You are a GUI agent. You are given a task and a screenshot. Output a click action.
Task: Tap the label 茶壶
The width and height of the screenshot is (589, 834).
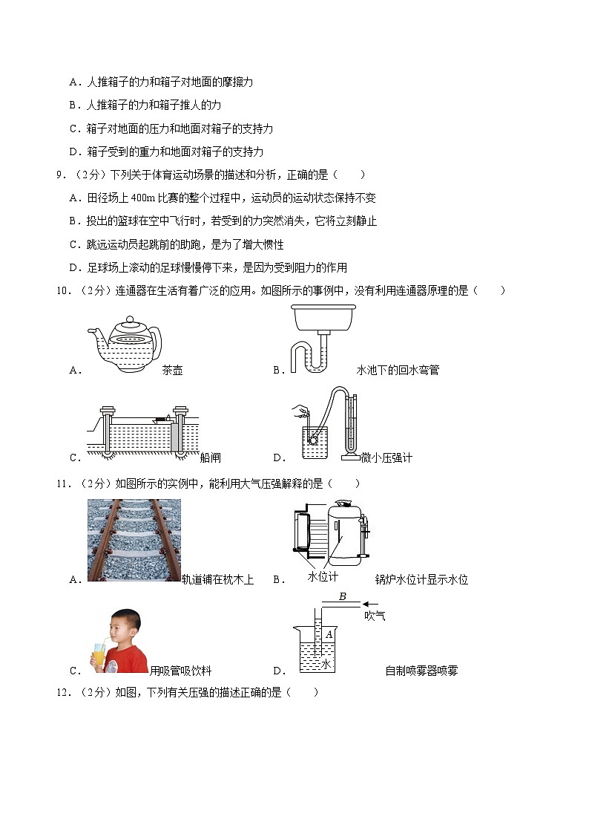[172, 370]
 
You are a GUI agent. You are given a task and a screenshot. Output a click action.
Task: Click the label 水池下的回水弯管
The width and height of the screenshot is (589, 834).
[398, 370]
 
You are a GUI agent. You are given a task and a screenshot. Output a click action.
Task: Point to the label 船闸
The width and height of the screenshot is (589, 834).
[211, 457]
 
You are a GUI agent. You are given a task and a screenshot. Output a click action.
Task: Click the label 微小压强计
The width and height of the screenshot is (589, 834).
[386, 457]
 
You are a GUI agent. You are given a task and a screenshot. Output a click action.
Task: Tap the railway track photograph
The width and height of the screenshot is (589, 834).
[134, 540]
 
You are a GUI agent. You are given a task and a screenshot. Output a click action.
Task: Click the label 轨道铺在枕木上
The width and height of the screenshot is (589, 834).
[217, 580]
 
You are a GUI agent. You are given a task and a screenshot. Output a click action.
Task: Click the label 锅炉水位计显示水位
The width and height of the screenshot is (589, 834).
[422, 580]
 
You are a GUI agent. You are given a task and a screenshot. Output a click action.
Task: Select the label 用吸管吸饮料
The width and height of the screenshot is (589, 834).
[180, 671]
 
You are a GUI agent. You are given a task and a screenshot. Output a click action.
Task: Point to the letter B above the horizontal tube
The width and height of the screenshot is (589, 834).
[342, 596]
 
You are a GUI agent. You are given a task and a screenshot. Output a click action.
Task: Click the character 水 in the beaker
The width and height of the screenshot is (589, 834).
[326, 663]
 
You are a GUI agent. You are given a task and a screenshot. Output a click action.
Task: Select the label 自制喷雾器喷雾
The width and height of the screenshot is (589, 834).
[421, 671]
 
